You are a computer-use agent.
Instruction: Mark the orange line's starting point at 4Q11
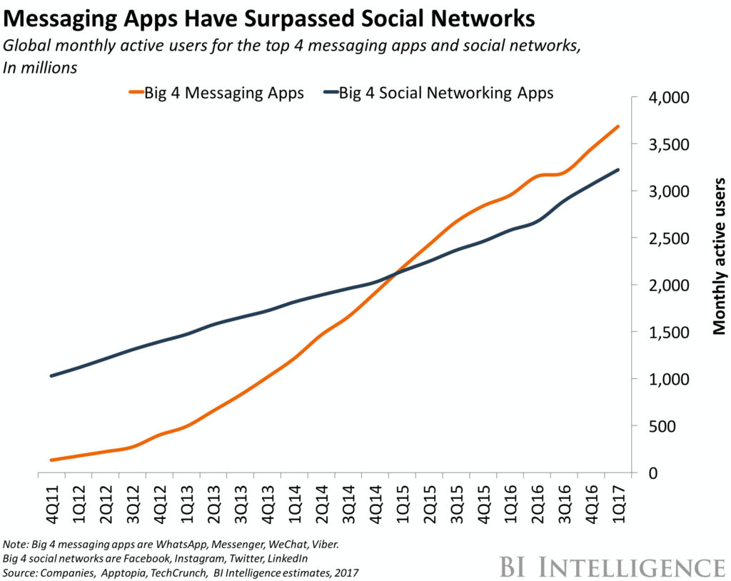[51, 460]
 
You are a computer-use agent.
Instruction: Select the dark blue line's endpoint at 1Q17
[617, 169]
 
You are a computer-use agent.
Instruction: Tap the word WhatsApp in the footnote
[170, 545]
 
